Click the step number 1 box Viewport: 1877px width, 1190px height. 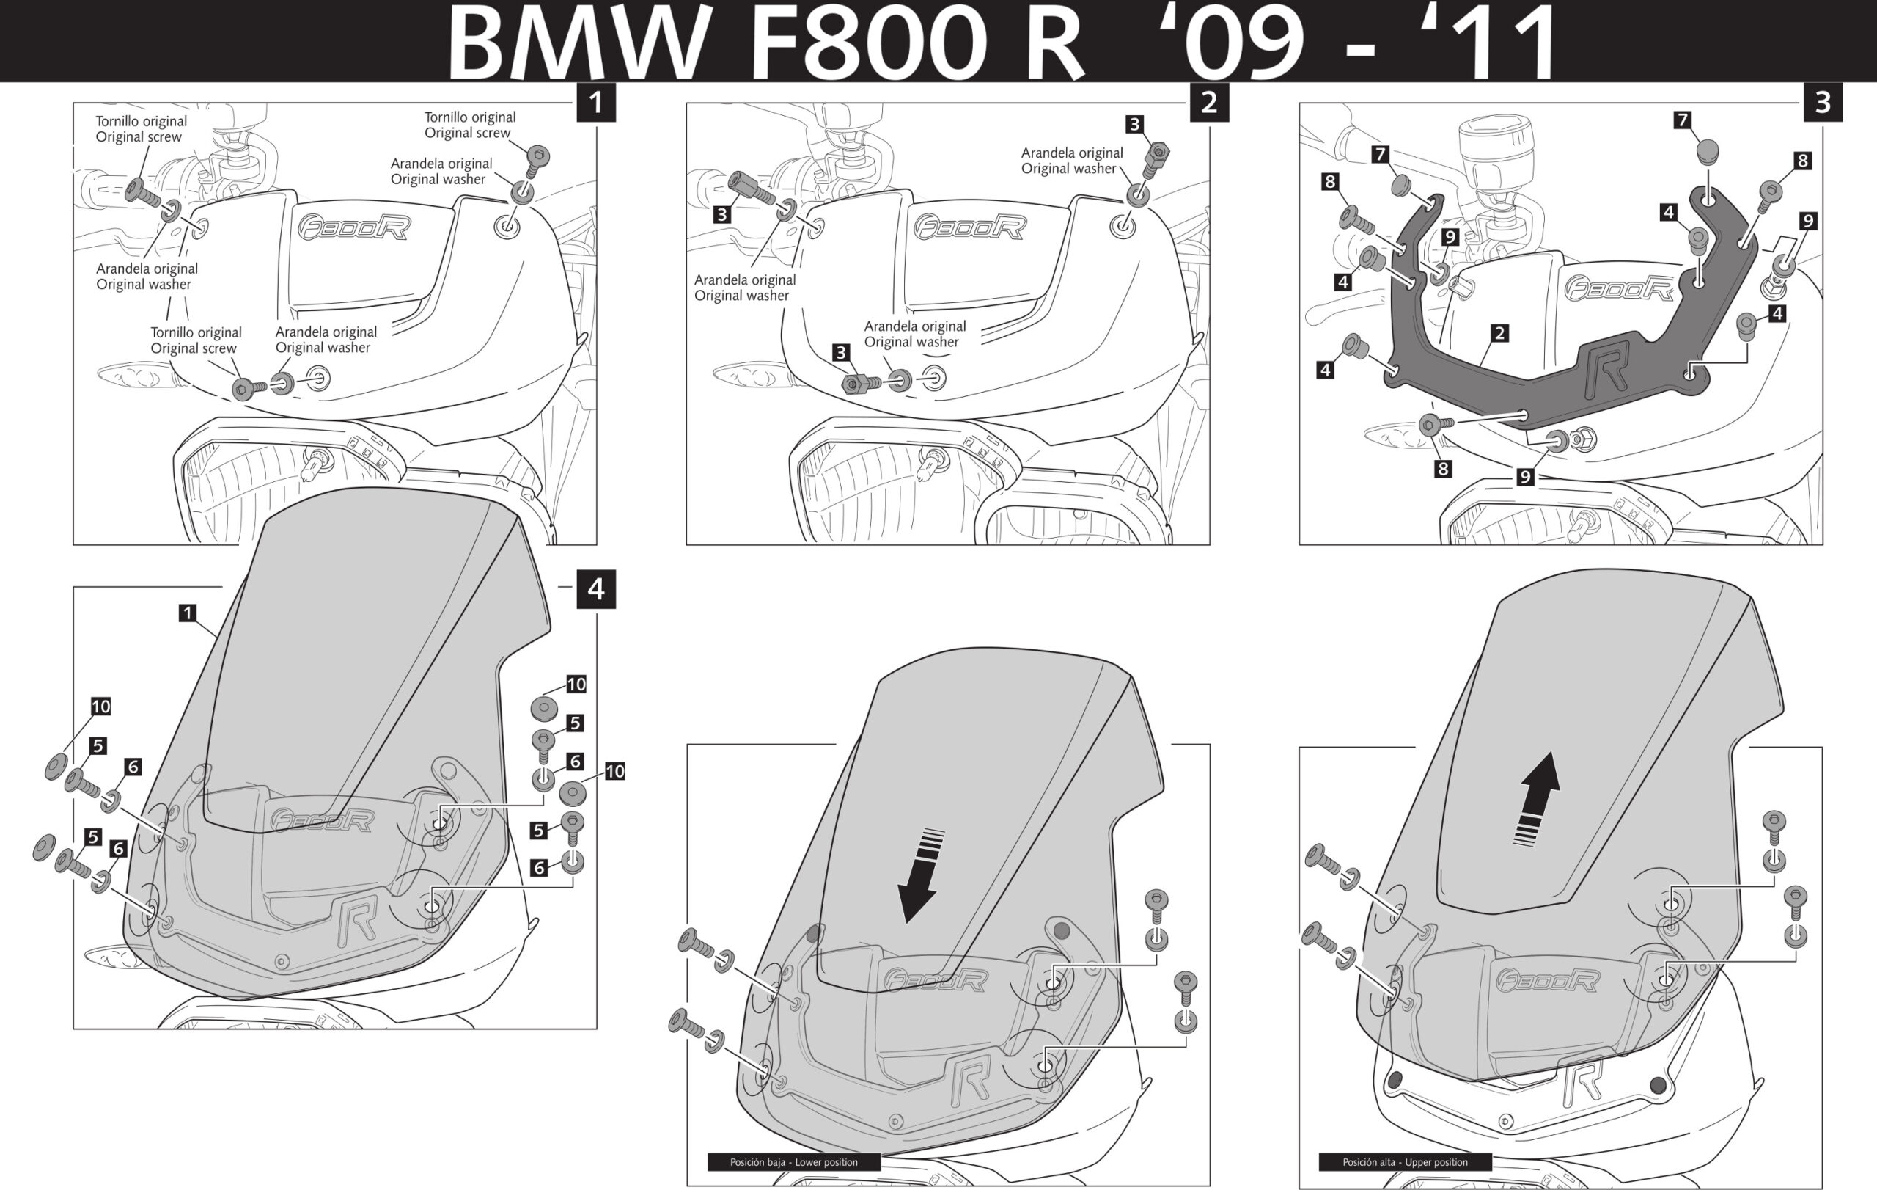click(595, 102)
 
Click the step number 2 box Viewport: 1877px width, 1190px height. click(1209, 102)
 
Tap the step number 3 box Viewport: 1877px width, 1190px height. click(1823, 102)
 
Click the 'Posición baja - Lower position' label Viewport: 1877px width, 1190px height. click(793, 1162)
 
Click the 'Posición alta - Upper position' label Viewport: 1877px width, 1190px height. click(1405, 1162)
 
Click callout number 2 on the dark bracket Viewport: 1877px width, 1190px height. click(1499, 333)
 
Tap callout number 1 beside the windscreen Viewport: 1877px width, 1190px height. click(187, 613)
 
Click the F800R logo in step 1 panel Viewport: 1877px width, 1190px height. click(355, 227)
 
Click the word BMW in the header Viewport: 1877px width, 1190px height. click(577, 43)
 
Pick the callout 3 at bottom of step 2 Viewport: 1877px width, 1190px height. click(840, 352)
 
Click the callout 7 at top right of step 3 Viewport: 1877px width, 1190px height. click(1682, 120)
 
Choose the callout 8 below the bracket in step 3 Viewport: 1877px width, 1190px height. click(1443, 469)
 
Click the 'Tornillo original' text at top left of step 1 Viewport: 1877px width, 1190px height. click(141, 121)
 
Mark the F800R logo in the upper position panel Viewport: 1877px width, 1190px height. click(1547, 980)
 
